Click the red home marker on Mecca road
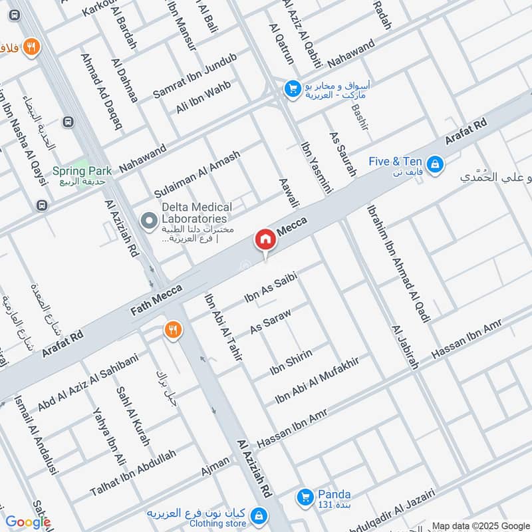(x=265, y=239)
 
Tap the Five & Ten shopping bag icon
(x=434, y=162)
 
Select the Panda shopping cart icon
(x=305, y=496)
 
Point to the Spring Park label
(x=82, y=171)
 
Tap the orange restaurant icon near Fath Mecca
(x=172, y=330)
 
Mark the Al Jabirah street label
(x=405, y=347)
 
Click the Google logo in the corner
(x=28, y=522)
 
